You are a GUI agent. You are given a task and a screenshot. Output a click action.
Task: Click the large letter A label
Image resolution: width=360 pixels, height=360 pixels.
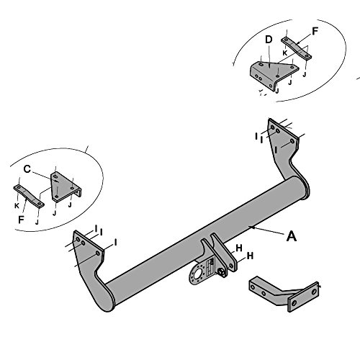click(x=292, y=236)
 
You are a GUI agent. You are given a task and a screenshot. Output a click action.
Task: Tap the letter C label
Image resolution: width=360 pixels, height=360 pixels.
click(x=27, y=169)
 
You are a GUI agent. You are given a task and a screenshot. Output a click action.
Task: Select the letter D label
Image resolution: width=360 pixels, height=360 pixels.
click(x=269, y=40)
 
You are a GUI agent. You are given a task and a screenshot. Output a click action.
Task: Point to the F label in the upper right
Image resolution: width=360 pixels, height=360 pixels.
click(x=315, y=31)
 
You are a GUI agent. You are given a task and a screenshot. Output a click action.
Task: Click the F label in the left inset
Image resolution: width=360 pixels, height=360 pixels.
click(x=22, y=220)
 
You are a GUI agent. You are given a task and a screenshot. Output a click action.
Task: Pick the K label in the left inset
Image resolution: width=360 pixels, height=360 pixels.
click(x=17, y=206)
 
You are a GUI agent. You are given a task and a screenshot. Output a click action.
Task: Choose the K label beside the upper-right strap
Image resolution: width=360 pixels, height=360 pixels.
click(x=285, y=53)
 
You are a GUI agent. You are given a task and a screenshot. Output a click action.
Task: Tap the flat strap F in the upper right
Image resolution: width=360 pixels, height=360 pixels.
click(x=297, y=48)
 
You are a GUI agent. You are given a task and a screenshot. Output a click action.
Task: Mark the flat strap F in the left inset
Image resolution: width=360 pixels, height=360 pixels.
click(x=29, y=197)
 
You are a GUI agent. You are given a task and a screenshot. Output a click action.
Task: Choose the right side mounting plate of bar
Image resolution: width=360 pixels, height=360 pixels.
click(x=286, y=153)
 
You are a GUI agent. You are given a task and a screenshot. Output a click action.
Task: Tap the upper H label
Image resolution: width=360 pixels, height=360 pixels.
click(x=239, y=248)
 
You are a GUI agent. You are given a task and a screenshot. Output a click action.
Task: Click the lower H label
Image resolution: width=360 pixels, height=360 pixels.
click(x=250, y=256)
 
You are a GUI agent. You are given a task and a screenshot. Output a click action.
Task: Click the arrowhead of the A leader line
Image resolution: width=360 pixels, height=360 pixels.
click(x=251, y=227)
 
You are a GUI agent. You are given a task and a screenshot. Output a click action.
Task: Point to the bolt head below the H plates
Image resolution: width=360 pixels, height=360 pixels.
click(x=220, y=271)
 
